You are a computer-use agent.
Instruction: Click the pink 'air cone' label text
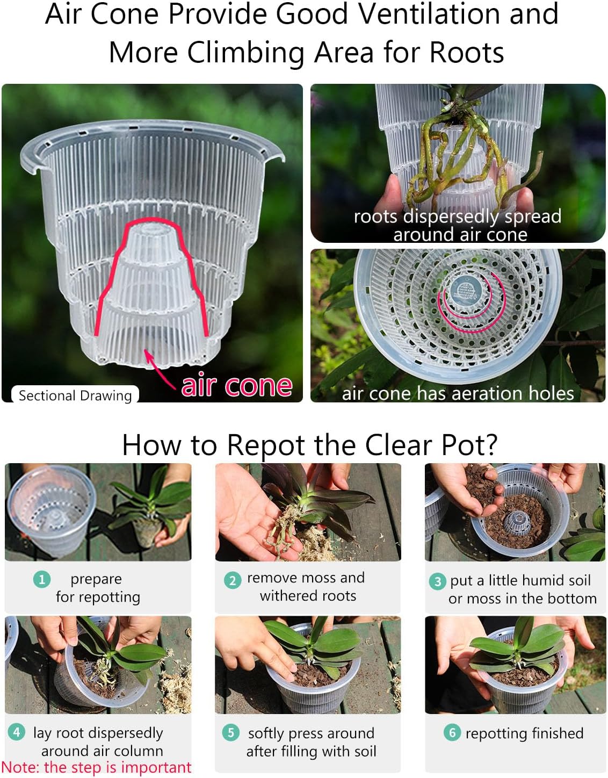[x=237, y=385]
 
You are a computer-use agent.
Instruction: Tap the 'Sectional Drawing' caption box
[x=75, y=395]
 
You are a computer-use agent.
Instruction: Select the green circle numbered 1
[x=41, y=579]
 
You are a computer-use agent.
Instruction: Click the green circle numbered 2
[x=232, y=580]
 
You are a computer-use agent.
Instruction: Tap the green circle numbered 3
[x=437, y=581]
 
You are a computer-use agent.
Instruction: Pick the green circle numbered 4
[x=17, y=732]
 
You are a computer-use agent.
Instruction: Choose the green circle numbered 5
[x=231, y=732]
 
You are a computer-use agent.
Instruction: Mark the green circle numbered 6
[x=452, y=732]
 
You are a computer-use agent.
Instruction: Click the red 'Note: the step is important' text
[x=96, y=767]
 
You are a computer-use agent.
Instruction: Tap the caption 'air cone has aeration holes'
[x=458, y=393]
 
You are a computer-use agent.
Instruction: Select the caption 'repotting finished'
[x=524, y=733]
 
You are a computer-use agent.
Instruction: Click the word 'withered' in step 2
[x=286, y=596]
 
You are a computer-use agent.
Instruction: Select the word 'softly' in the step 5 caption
[x=265, y=733]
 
